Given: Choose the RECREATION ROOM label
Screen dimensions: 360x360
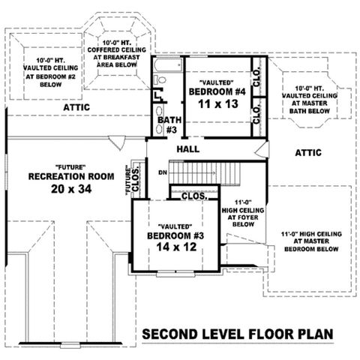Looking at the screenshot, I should (x=71, y=176).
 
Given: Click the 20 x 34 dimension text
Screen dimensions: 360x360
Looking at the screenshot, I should (x=71, y=190).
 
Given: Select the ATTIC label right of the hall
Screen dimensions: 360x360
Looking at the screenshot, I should (x=307, y=152).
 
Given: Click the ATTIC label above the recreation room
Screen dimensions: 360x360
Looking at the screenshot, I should (x=76, y=107).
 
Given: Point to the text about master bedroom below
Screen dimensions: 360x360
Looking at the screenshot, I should (x=307, y=241).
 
